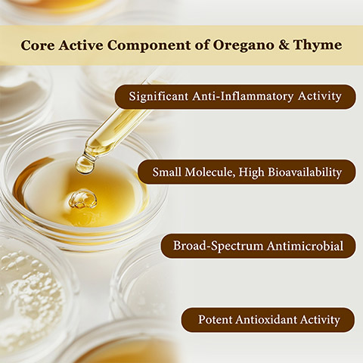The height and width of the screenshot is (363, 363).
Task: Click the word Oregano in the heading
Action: [x=244, y=45]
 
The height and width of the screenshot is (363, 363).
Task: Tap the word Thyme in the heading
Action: [x=318, y=45]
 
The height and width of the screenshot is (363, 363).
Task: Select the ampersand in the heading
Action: [x=284, y=45]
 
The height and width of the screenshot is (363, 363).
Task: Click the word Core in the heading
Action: [x=38, y=45]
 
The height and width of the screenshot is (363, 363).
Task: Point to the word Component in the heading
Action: [x=149, y=45]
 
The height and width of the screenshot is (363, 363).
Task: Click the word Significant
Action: [x=159, y=96]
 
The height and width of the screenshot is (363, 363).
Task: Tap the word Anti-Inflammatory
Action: [x=243, y=96]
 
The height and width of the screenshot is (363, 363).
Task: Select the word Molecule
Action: [x=210, y=172]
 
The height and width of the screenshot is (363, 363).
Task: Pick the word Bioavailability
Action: [x=305, y=172]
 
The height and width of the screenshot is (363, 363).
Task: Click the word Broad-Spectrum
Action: [x=218, y=246]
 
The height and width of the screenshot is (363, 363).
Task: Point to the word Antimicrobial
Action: [x=305, y=246]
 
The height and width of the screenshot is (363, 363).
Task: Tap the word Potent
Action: [x=215, y=319]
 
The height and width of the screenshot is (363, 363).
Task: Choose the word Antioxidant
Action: [x=265, y=319]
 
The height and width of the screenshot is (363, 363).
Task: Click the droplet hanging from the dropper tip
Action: [x=85, y=165]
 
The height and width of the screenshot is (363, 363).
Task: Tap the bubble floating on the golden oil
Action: [x=82, y=199]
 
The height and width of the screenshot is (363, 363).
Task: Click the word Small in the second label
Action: [x=166, y=172]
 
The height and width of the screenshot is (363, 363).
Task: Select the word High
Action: [x=252, y=172]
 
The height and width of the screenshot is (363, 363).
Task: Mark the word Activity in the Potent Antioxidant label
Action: [x=320, y=320]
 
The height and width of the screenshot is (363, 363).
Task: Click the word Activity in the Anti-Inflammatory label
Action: [x=320, y=96]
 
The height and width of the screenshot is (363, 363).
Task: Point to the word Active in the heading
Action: [x=81, y=45]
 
